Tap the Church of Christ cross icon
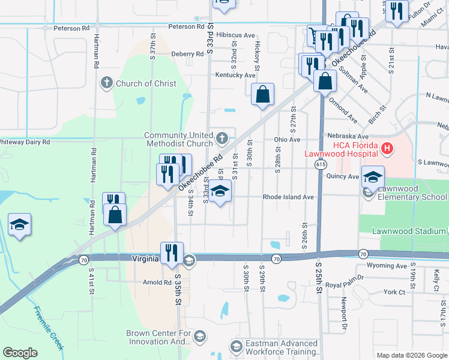pos(107,83)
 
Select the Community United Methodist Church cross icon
pos(221,139)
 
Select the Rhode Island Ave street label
pos(288,197)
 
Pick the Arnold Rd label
pos(158,282)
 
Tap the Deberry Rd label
pos(187,54)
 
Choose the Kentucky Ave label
pos(236,75)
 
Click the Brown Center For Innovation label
pos(158,338)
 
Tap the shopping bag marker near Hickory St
pos(262,94)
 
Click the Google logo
pos(20,352)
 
